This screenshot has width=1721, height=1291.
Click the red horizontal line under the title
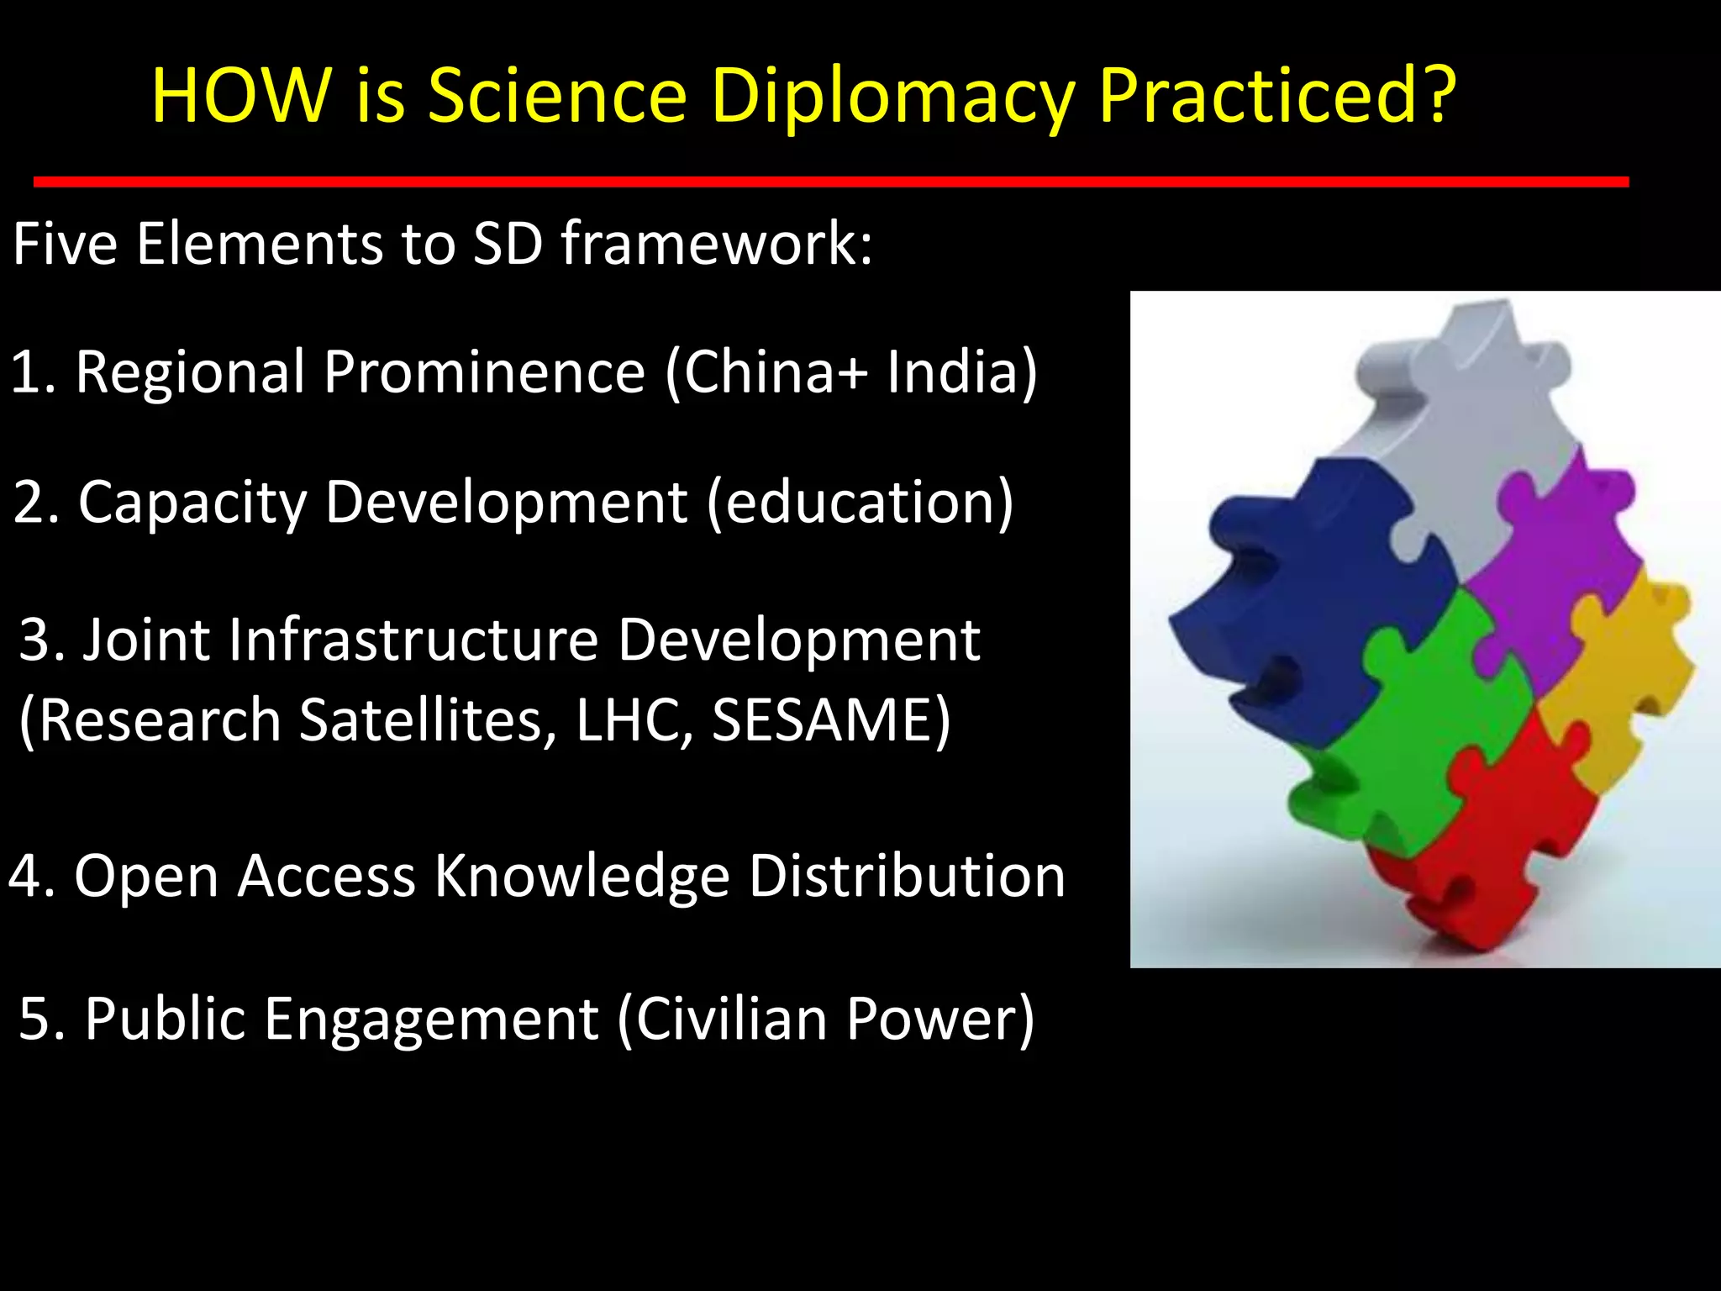830,182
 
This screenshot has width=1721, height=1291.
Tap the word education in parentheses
860,503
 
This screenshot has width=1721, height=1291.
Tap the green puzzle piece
1420,731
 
